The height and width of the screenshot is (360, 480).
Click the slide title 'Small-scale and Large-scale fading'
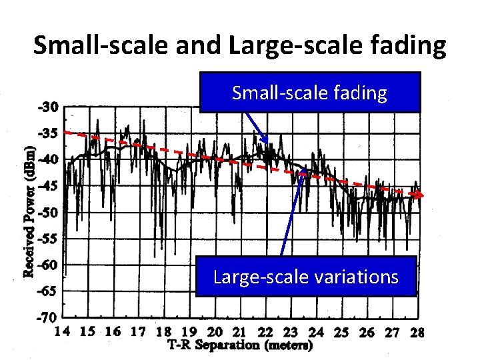click(x=239, y=45)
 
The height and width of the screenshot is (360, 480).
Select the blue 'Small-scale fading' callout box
click(x=309, y=93)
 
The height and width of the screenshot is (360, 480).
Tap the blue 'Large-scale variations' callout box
click(x=306, y=276)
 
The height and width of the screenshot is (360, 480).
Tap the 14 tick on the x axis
click(x=62, y=332)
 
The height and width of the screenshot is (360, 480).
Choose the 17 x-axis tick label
click(x=138, y=332)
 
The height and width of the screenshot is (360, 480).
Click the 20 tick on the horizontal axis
click(x=215, y=332)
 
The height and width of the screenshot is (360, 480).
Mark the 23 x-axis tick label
click(x=291, y=332)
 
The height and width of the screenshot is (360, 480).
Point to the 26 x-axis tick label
click(x=367, y=332)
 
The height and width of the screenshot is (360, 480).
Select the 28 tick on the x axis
click(x=417, y=332)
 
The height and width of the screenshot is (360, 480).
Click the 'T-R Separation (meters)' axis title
click(x=240, y=345)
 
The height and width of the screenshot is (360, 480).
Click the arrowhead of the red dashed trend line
click(x=419, y=195)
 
